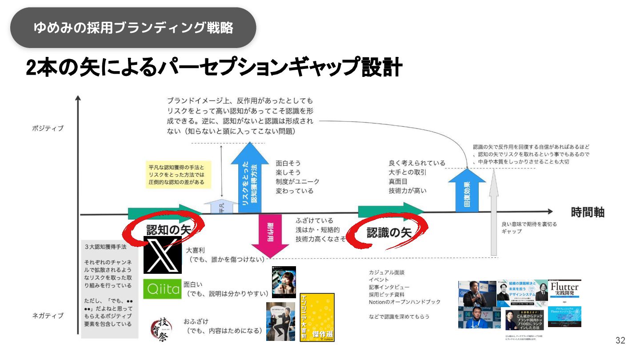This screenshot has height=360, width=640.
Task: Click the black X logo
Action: pos(162,255)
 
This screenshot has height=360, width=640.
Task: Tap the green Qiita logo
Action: pos(163,289)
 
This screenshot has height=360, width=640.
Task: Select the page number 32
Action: pos(620,340)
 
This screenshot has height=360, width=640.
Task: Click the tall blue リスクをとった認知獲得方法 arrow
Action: pos(250,178)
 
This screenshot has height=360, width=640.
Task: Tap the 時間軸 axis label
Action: pos(588,212)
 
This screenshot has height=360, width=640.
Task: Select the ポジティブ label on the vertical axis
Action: pos(48,128)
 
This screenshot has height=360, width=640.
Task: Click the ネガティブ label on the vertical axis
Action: pos(48,316)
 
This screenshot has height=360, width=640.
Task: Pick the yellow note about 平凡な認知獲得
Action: pos(178,175)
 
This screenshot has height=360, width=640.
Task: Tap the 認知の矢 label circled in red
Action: pos(168,229)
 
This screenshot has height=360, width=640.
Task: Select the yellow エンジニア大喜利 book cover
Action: pos(317,317)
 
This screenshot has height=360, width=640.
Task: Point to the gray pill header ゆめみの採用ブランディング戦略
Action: pos(133,28)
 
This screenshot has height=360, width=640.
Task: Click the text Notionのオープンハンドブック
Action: pos(404,302)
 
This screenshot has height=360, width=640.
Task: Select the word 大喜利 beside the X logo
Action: pos(195,250)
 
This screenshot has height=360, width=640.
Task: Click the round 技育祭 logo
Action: pos(161,329)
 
